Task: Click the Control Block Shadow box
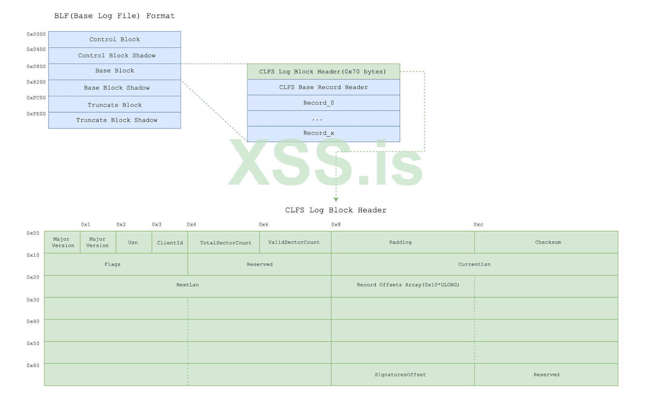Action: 115,56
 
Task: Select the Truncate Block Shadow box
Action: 115,120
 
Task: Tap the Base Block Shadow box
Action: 115,88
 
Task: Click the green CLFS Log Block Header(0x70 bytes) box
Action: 323,72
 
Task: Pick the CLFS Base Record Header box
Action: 323,87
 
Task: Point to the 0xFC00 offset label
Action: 36,98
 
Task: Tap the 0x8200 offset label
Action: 36,82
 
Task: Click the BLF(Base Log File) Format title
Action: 115,16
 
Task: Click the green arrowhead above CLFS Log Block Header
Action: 336,199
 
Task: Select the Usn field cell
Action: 133,242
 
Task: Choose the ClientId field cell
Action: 170,243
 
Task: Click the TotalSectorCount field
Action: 225,243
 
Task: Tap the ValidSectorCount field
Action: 294,242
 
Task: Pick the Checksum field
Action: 548,242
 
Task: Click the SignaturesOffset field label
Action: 400,375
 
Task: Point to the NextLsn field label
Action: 188,285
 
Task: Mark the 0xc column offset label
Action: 478,225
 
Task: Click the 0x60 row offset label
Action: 33,365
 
